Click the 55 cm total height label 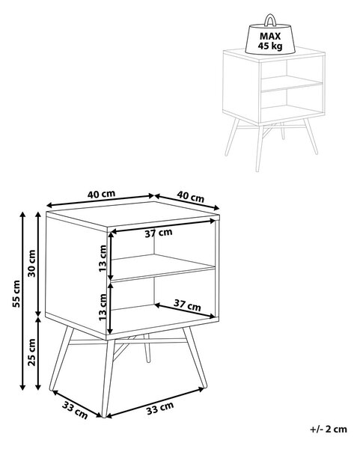click(x=16, y=294)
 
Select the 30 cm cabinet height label click(x=31, y=263)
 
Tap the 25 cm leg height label click(x=31, y=352)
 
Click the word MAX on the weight click(x=270, y=37)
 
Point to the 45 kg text click(x=270, y=46)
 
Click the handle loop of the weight click(x=269, y=20)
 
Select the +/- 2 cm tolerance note click(x=329, y=430)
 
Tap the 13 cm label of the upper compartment click(x=103, y=258)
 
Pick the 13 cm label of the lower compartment click(x=103, y=307)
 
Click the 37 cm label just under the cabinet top click(x=159, y=233)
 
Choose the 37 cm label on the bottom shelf click(x=187, y=305)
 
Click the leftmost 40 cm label click(x=101, y=194)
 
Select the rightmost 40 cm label click(x=190, y=197)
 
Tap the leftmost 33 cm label click(x=75, y=410)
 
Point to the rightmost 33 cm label click(x=160, y=408)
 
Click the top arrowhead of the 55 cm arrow click(x=22, y=215)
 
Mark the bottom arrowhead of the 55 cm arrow click(x=22, y=387)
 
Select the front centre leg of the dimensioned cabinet click(x=108, y=378)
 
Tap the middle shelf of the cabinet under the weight click(x=292, y=83)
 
